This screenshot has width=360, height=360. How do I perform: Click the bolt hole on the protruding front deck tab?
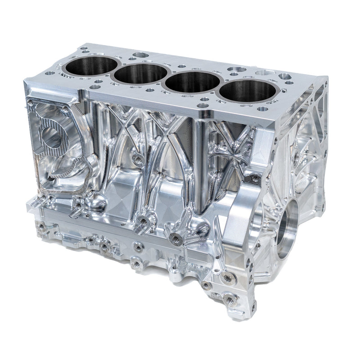(x=204, y=107)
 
